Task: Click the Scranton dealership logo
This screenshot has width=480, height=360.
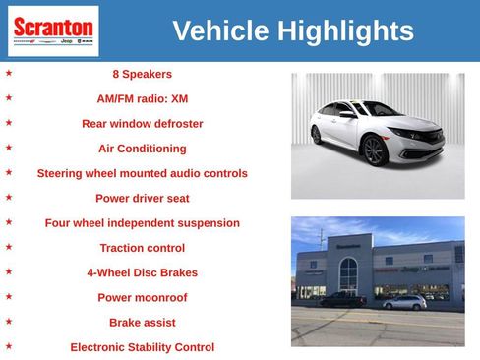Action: [52, 30]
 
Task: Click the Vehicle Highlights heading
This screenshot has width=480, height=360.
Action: [292, 30]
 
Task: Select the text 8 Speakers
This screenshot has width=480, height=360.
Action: [142, 74]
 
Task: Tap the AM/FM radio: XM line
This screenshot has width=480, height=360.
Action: [142, 98]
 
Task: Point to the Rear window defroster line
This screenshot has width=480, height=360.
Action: [142, 124]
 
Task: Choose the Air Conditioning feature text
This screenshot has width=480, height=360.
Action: [142, 149]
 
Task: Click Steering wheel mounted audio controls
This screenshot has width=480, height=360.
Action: [142, 173]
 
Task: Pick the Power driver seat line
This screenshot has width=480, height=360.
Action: [142, 198]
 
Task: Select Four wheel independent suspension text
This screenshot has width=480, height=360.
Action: [142, 223]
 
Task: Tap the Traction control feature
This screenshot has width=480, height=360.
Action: [142, 248]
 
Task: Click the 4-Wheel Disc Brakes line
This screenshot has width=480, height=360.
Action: [142, 272]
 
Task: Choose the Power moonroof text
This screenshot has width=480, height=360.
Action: [142, 297]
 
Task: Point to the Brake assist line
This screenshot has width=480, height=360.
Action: [142, 322]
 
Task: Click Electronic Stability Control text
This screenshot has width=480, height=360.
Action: [142, 347]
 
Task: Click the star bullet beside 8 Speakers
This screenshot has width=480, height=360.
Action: [9, 73]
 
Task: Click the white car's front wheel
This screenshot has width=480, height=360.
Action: [374, 151]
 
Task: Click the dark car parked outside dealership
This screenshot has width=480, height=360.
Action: [343, 300]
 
